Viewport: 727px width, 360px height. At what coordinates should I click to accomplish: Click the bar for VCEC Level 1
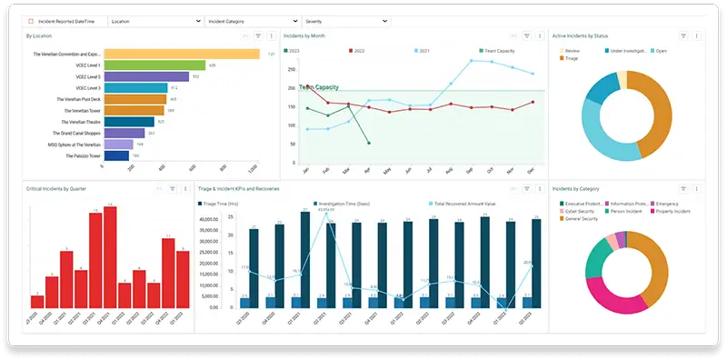pyautogui.click(x=154, y=65)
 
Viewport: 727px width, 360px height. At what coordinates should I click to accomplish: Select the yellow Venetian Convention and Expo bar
pyautogui.click(x=182, y=55)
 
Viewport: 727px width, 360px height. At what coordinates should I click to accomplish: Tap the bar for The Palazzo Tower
pyautogui.click(x=116, y=155)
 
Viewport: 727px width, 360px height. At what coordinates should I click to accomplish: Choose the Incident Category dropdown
pyautogui.click(x=252, y=20)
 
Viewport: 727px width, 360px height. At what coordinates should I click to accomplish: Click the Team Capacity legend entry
pyautogui.click(x=500, y=52)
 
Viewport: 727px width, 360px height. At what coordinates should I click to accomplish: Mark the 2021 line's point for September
pyautogui.click(x=471, y=61)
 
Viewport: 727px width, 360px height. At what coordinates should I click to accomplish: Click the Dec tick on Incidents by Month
pyautogui.click(x=530, y=170)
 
